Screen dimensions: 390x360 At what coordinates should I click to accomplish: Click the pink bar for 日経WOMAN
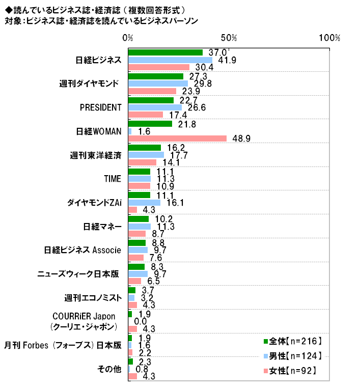pyautogui.click(x=177, y=138)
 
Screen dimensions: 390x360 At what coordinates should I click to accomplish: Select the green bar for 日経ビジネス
pyautogui.click(x=165, y=52)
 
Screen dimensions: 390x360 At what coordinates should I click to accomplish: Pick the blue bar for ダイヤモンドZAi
pyautogui.click(x=144, y=203)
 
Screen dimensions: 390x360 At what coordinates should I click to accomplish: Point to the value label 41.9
pyautogui.click(x=225, y=60)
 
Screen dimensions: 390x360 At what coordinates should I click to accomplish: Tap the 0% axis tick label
pyautogui.click(x=128, y=38)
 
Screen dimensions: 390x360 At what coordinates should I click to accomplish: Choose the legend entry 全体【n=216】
pyautogui.click(x=292, y=341)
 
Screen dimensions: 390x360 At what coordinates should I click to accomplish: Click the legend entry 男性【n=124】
pyautogui.click(x=292, y=356)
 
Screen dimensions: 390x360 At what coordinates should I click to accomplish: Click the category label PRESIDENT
pyautogui.click(x=101, y=107)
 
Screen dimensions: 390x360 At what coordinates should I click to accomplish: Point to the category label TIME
pyautogui.click(x=112, y=179)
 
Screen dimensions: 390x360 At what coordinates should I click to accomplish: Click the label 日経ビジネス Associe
pyautogui.click(x=82, y=250)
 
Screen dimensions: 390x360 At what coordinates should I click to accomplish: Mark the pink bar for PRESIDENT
pyautogui.click(x=146, y=115)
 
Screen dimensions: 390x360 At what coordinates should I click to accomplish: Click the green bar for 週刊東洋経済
pyautogui.click(x=145, y=148)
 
